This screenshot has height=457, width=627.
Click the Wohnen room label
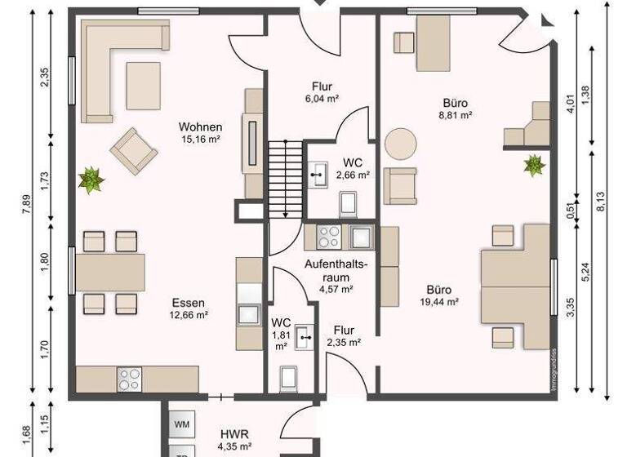pyautogui.click(x=201, y=126)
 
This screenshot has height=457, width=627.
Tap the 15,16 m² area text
pyautogui.click(x=201, y=139)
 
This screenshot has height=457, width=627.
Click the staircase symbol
pyautogui.click(x=284, y=178)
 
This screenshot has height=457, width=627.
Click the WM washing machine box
pyautogui.click(x=182, y=425)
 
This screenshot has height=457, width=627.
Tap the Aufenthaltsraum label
pyautogui.click(x=336, y=271)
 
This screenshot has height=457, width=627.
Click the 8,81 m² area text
pyautogui.click(x=456, y=116)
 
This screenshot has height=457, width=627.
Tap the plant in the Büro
pyautogui.click(x=534, y=165)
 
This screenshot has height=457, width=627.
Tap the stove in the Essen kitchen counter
pyautogui.click(x=130, y=379)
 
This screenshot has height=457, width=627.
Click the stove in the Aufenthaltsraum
pyautogui.click(x=328, y=237)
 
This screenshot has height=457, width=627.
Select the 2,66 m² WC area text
pyautogui.click(x=357, y=174)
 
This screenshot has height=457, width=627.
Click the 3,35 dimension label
pyautogui.click(x=571, y=308)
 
